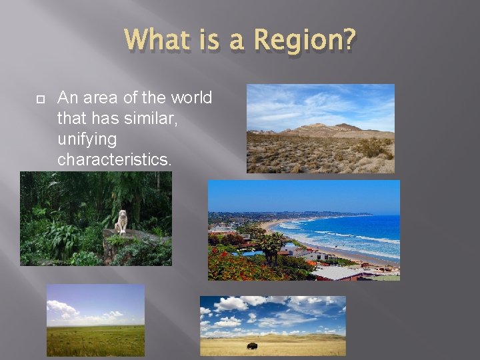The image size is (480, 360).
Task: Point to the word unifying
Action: pyautogui.click(x=87, y=139)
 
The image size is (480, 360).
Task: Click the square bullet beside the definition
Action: pyautogui.click(x=39, y=99)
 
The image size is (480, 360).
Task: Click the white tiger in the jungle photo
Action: pyautogui.click(x=122, y=221)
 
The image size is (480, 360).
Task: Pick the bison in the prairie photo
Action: pyautogui.click(x=253, y=346)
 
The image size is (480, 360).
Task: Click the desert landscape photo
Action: pyautogui.click(x=320, y=129)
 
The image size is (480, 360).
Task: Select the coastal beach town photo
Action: pyautogui.click(x=304, y=230)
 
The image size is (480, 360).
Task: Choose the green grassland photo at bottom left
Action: pyautogui.click(x=95, y=321)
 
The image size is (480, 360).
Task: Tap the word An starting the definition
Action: pyautogui.click(x=67, y=98)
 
